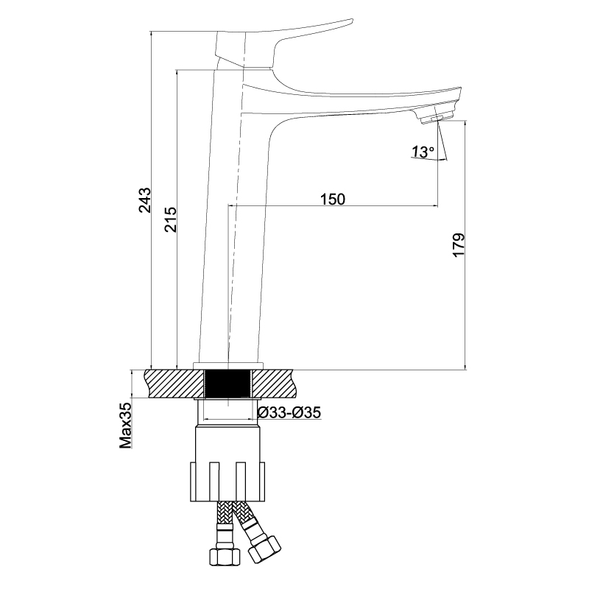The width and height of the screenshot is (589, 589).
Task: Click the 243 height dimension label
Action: tap(145, 200)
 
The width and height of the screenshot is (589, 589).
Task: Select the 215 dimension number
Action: tap(171, 219)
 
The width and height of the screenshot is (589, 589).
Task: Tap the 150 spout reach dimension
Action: tap(333, 199)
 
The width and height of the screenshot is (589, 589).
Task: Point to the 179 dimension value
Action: tap(459, 245)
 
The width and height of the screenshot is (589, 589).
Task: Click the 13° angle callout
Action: tap(423, 152)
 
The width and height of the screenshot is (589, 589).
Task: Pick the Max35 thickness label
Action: tap(126, 426)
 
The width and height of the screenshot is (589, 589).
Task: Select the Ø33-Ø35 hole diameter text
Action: tap(289, 412)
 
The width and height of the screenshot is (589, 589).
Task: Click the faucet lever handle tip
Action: tap(351, 21)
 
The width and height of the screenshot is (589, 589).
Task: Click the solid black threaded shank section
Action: tap(228, 384)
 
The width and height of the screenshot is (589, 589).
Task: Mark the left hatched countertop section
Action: tap(174, 384)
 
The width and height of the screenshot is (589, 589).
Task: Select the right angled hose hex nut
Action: tap(264, 550)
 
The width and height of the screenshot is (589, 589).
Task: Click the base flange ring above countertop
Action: tap(228, 366)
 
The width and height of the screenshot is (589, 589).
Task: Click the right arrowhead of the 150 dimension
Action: tap(435, 206)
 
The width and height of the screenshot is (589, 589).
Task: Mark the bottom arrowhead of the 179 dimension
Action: tap(465, 367)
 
